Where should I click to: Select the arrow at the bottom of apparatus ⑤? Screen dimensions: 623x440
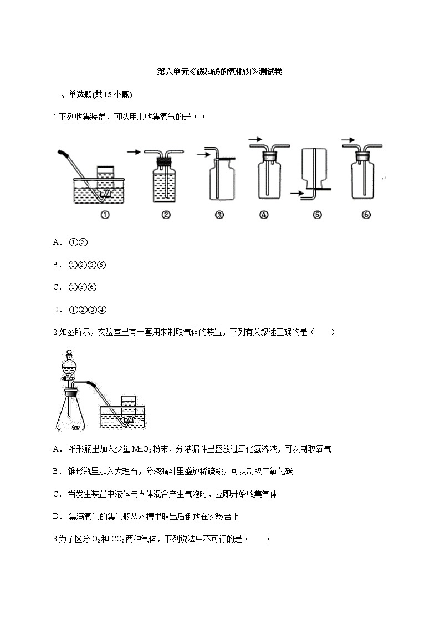(x=296, y=194)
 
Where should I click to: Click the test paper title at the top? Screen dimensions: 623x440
(x=220, y=72)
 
